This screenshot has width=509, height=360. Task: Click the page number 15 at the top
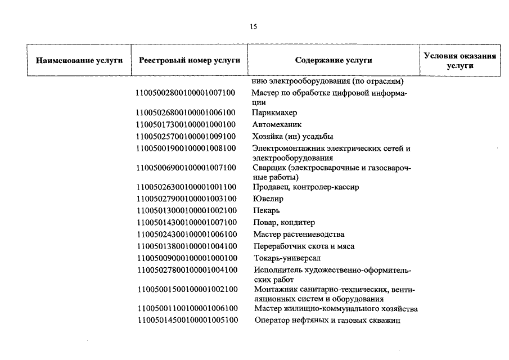tap(254, 26)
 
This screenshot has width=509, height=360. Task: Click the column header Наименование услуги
tap(79, 61)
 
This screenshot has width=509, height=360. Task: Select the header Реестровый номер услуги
tap(186, 61)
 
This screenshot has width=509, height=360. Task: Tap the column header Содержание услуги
tap(334, 61)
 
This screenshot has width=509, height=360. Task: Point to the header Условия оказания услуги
tap(460, 61)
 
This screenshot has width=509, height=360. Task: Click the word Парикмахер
tap(274, 113)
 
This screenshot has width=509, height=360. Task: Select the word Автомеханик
tap(277, 125)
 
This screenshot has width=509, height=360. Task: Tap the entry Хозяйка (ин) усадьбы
tap(292, 137)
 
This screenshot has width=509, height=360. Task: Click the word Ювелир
tap(268, 199)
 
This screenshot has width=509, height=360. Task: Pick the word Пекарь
tap(266, 210)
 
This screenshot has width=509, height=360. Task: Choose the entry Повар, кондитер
tap(283, 222)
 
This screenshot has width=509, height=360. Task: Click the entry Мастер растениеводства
tap(299, 234)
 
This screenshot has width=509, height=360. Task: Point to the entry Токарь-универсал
tap(286, 258)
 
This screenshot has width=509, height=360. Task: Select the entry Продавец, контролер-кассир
tap(305, 187)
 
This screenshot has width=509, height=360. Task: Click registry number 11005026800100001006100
tap(186, 113)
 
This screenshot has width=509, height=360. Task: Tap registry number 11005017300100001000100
tap(186, 125)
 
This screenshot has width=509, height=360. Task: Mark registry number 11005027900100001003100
tap(186, 199)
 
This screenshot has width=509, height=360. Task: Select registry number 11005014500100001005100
tap(186, 321)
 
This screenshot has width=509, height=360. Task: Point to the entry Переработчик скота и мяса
tap(304, 246)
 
